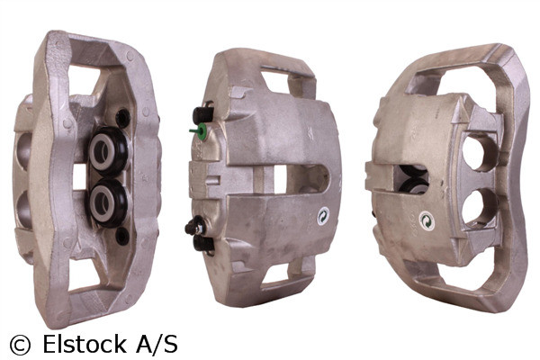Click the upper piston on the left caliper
tap(105, 152)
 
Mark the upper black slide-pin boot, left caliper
tap(122, 117)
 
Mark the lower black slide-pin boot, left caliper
tap(122, 236)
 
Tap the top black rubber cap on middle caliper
tap(202, 115)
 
